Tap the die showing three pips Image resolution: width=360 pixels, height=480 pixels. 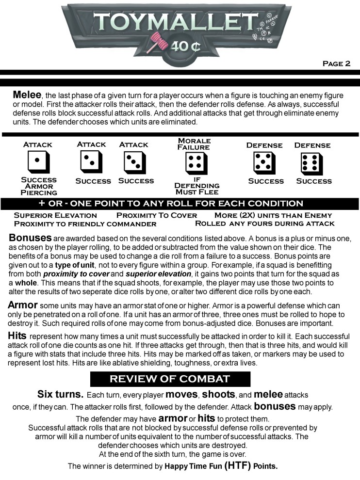pos(131,162)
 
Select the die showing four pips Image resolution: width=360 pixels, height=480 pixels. pos(194,163)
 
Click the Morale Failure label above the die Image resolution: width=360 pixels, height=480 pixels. pos(194,144)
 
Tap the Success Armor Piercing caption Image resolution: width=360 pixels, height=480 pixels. pos(39,186)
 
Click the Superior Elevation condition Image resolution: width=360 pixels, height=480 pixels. pos(55,215)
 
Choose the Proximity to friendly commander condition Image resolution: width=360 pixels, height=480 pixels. pos(85,224)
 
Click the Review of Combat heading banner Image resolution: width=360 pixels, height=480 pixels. pos(170,379)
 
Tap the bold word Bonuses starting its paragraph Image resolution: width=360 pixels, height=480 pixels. pos(30,239)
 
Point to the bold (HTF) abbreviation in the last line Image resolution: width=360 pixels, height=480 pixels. pos(237,466)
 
